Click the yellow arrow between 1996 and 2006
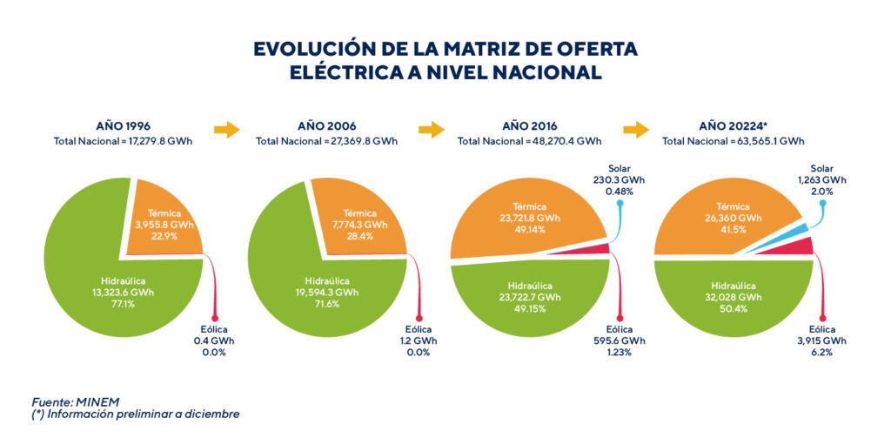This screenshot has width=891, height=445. point(226,131)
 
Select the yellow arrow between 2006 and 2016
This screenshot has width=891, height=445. point(432,131)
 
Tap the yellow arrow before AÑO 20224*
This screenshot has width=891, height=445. point(636,131)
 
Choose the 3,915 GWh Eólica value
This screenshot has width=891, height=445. point(821,341)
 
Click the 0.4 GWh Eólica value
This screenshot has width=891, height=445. point(213,341)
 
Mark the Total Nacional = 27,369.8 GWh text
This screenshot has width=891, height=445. point(326,140)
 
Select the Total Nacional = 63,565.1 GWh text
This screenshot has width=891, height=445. point(733,140)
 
